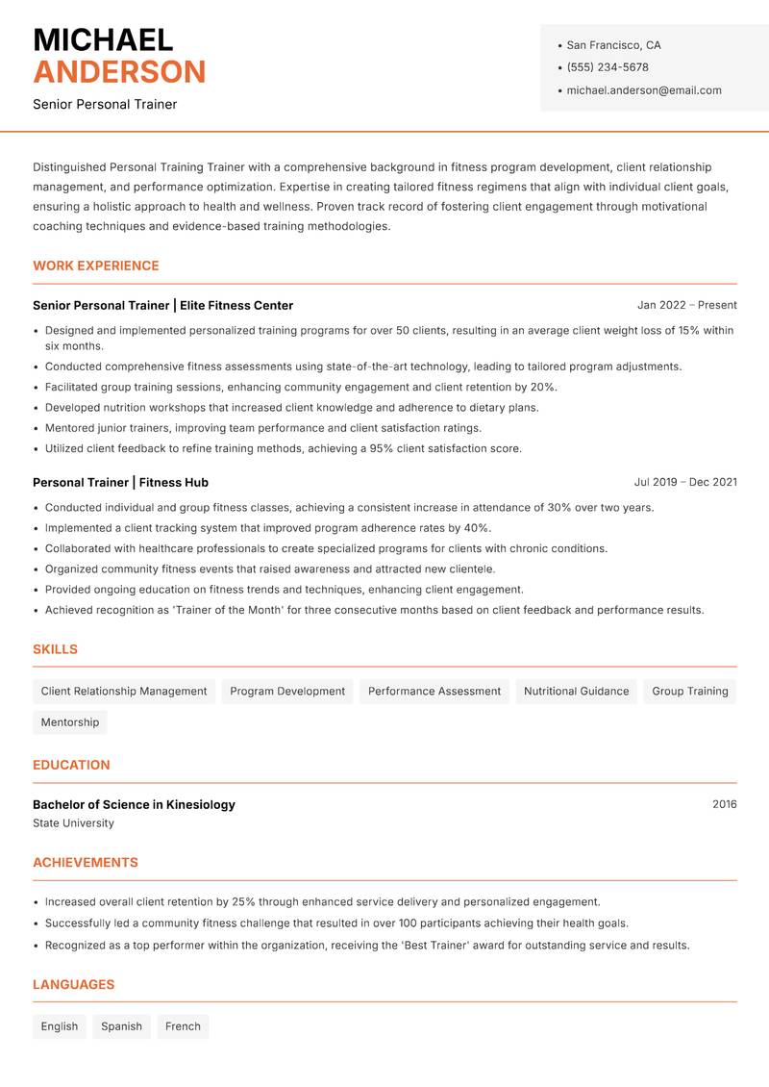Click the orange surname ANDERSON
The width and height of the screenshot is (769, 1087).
pos(119,72)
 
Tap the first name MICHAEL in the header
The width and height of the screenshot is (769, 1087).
pos(103,39)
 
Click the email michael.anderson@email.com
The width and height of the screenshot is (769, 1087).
pos(643,90)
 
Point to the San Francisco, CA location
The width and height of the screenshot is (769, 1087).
pos(613,45)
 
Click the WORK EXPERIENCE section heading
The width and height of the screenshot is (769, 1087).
pos(96,265)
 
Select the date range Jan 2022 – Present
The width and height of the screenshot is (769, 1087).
pos(686,305)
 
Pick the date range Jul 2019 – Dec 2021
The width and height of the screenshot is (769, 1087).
pos(685,482)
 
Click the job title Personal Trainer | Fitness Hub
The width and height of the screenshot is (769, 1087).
pos(120,482)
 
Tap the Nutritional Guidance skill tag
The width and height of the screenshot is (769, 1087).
pos(576,691)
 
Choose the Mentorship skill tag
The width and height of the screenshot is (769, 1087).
pos(70,722)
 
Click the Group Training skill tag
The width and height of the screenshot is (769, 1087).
pos(689,691)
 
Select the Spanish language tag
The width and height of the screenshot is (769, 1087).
pos(121,1026)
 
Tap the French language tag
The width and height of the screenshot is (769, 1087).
pos(183,1026)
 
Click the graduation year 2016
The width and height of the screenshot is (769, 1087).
pos(724,804)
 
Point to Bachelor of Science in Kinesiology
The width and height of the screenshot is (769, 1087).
pos(134,804)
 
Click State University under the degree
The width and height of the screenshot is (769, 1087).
pos(73,823)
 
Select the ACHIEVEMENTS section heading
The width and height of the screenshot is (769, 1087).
pos(86,863)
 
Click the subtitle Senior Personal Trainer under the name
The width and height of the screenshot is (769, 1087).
pos(105,104)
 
